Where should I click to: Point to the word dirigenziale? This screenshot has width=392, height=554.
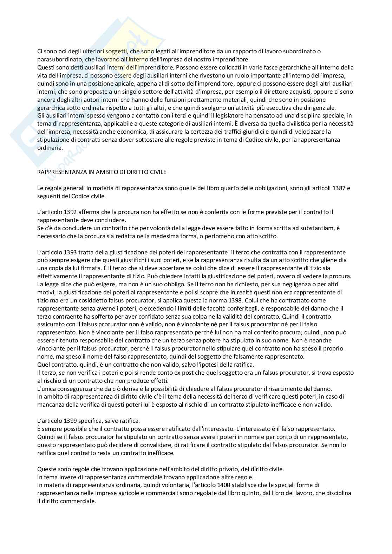click(318, 108)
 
